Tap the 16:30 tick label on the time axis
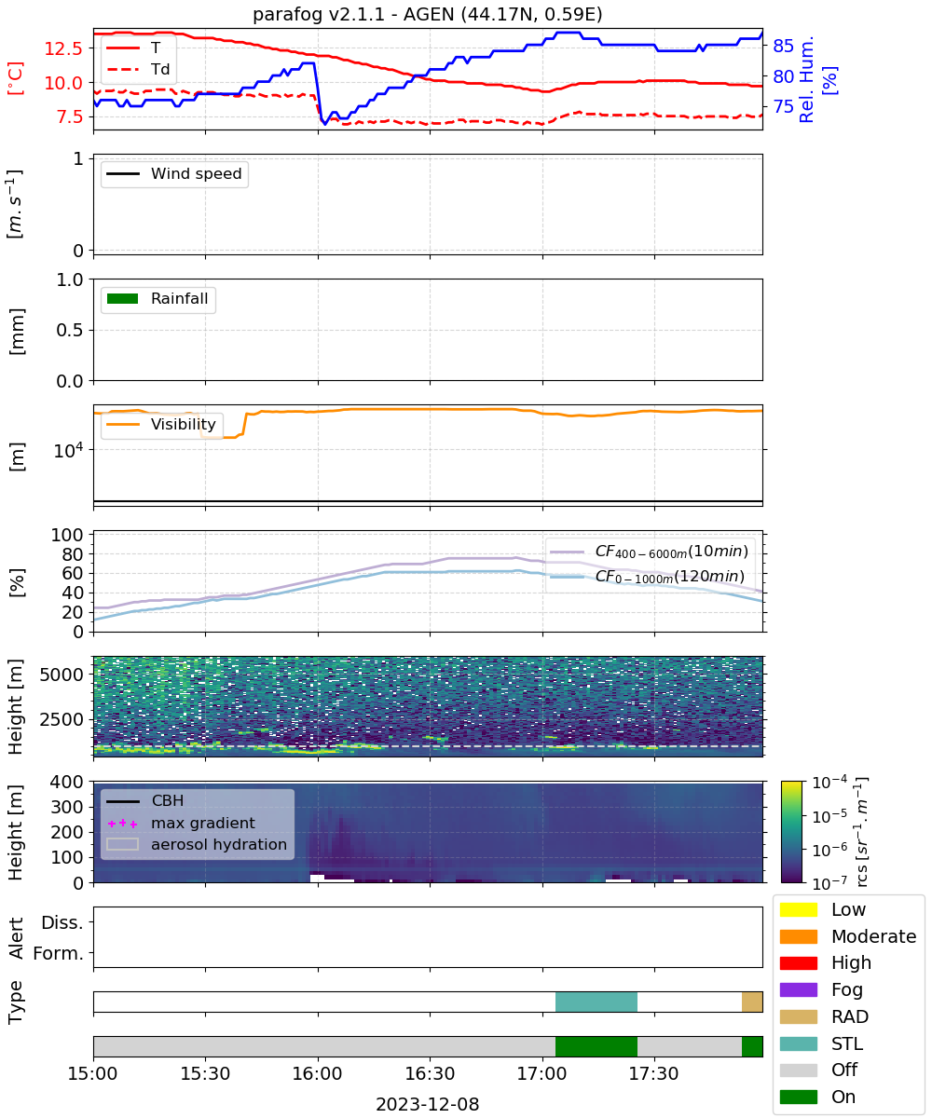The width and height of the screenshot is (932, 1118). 430,1073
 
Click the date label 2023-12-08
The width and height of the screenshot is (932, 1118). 428,1103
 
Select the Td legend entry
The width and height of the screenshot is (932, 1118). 138,69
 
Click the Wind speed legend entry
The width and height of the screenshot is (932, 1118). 174,173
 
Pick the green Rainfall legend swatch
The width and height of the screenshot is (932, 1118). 123,298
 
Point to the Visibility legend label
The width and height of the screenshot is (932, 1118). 184,424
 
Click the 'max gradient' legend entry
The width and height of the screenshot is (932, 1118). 181,823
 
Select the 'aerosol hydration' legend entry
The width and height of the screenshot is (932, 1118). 197,844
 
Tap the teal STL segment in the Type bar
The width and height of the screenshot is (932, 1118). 596,1002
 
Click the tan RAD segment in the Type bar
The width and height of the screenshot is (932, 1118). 752,1002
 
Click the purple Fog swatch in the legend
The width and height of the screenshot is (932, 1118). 798,989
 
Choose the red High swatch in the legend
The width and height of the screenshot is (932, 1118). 798,962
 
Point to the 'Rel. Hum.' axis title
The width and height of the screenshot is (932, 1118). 806,79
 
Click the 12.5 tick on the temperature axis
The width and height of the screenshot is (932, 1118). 63,48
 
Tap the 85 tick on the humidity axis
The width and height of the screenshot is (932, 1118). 783,46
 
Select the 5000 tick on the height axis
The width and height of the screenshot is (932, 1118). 62,675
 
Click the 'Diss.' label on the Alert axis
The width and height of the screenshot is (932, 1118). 62,922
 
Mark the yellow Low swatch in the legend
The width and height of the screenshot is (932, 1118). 798,909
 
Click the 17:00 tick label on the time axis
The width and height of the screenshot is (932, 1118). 542,1073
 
